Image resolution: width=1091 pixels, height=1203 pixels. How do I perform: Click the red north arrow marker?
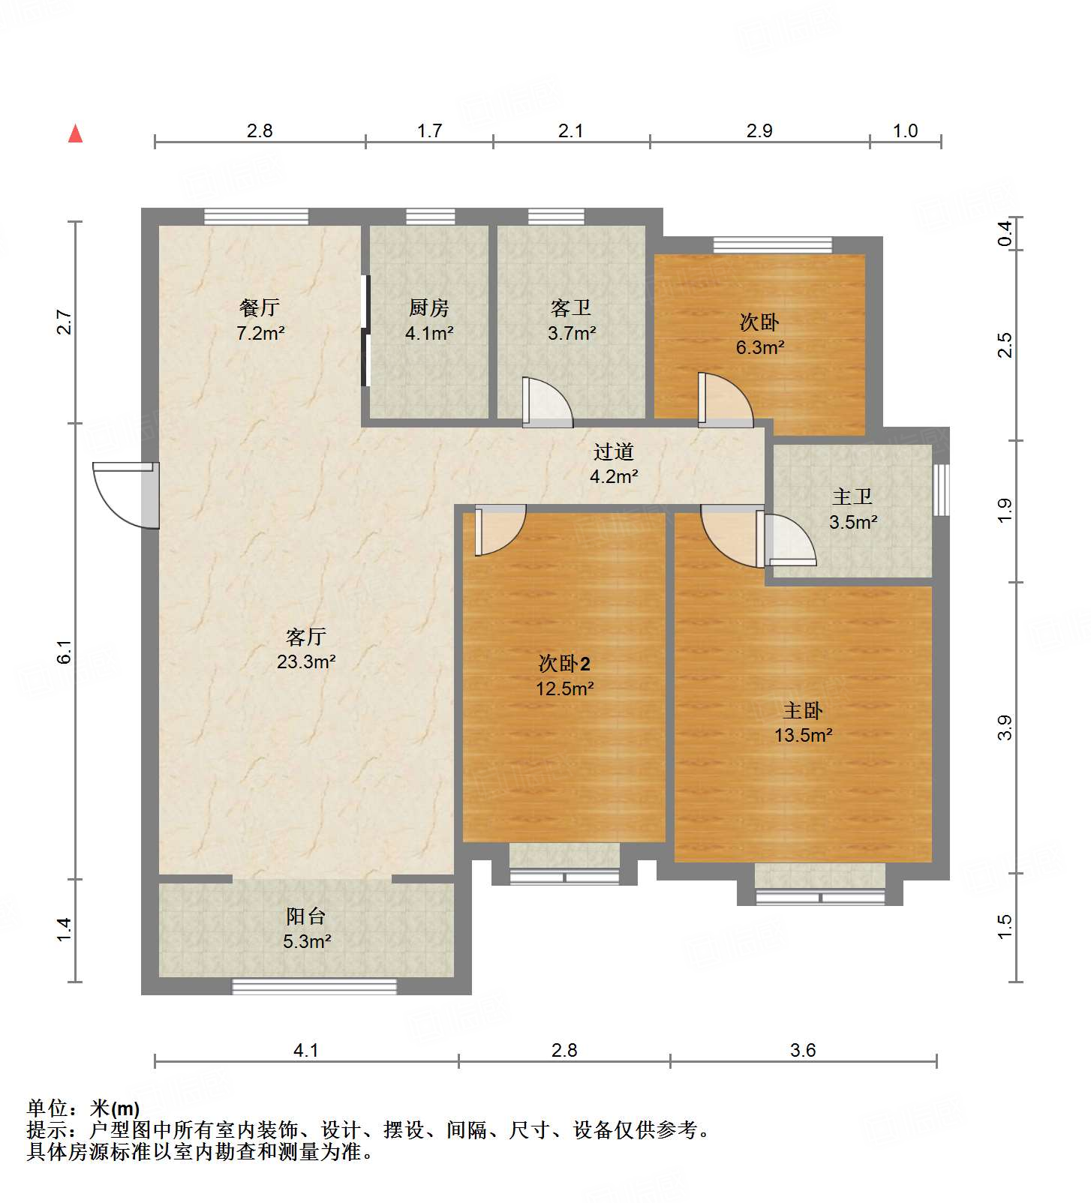[75, 134]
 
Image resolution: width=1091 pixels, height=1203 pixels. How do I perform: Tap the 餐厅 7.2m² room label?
[260, 320]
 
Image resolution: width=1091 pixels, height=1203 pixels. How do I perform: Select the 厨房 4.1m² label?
[429, 320]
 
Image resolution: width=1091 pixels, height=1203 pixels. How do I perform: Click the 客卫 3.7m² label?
[571, 320]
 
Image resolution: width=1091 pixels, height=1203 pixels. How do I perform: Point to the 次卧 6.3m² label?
[759, 334]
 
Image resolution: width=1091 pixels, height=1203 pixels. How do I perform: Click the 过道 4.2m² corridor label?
[614, 463]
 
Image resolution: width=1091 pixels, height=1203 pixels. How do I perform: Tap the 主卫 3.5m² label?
[852, 509]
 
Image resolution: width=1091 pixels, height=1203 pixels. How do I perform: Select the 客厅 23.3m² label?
[305, 649]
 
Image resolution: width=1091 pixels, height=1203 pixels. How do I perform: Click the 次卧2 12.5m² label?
[564, 675]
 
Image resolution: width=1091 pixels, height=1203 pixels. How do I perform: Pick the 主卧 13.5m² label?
[803, 722]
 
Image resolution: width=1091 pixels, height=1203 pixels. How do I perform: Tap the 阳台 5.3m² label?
[306, 928]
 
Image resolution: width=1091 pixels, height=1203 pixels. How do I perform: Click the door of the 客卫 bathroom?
[546, 403]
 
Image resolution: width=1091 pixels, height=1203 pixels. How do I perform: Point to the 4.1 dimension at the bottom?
[305, 1051]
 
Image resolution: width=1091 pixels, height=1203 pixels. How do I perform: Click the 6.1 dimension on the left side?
[65, 651]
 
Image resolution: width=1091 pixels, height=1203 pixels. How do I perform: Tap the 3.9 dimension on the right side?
[1005, 727]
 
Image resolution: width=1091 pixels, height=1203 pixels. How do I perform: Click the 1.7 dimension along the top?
[429, 131]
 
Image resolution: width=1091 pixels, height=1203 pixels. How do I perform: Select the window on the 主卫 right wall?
[941, 490]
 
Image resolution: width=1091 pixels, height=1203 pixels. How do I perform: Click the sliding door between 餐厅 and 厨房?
[365, 331]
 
